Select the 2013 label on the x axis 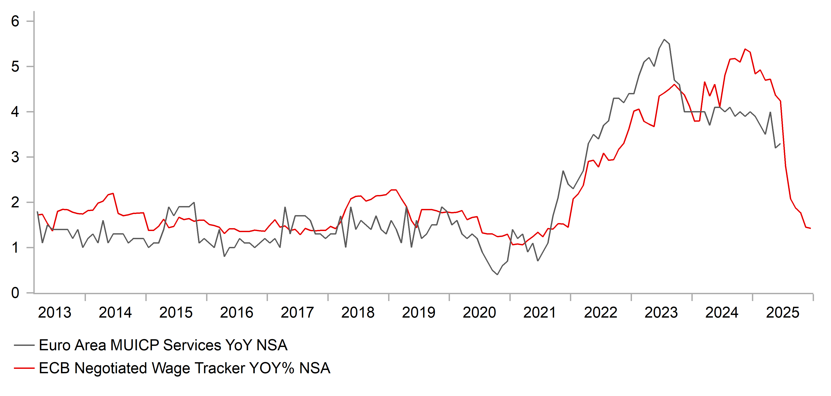point(55,313)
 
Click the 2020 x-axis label point(479,313)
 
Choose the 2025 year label point(783,313)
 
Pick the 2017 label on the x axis point(297,313)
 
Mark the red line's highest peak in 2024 point(745,49)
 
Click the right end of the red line point(810,228)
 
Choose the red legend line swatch point(24,368)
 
